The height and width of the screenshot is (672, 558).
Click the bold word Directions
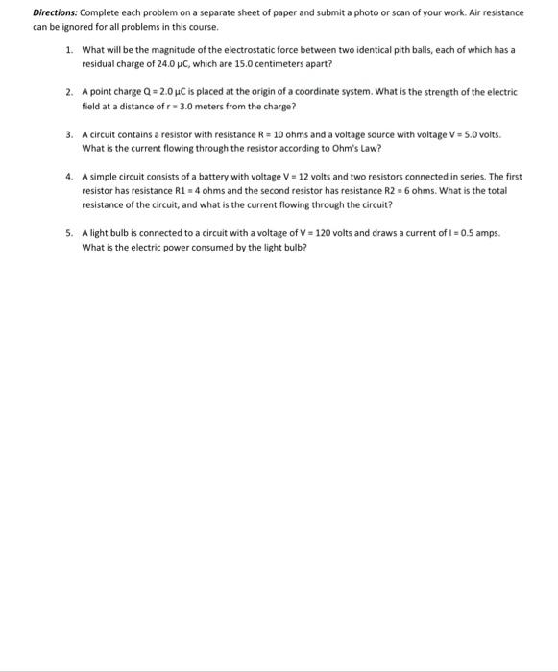pos(57,14)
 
